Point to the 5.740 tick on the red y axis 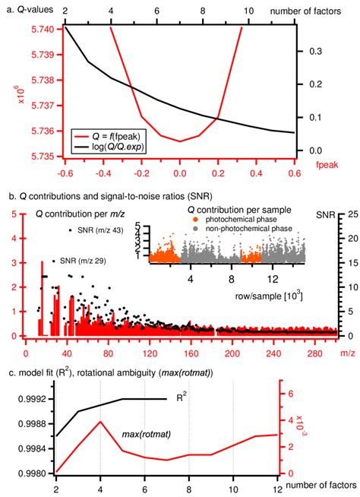42,27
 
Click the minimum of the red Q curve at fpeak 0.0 180,141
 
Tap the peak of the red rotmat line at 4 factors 100,421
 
